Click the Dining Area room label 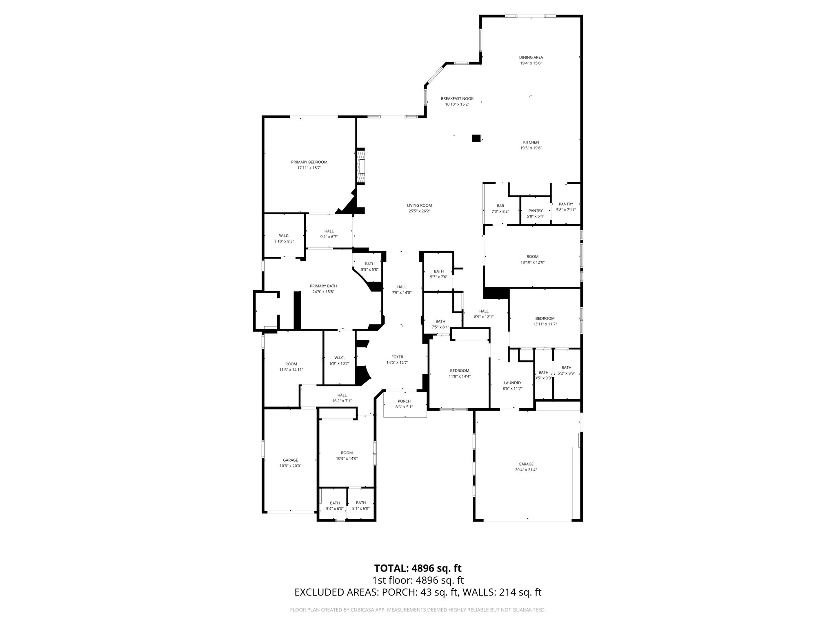pyautogui.click(x=531, y=58)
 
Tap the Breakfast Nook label pyautogui.click(x=457, y=98)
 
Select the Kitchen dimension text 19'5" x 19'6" pyautogui.click(x=531, y=148)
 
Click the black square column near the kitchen pyautogui.click(x=476, y=138)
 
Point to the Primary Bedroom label pyautogui.click(x=309, y=162)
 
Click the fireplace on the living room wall pyautogui.click(x=361, y=166)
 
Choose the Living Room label pyautogui.click(x=419, y=205)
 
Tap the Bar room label pyautogui.click(x=500, y=206)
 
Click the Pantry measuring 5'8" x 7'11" pyautogui.click(x=566, y=207)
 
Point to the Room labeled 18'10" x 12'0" pyautogui.click(x=532, y=259)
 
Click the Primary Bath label pyautogui.click(x=323, y=286)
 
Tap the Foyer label pyautogui.click(x=397, y=357)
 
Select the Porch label pyautogui.click(x=404, y=401)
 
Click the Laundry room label pyautogui.click(x=512, y=383)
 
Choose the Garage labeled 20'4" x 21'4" pyautogui.click(x=526, y=467)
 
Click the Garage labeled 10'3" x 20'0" pyautogui.click(x=290, y=462)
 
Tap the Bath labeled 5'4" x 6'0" pyautogui.click(x=335, y=505)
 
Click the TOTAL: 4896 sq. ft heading pyautogui.click(x=418, y=569)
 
